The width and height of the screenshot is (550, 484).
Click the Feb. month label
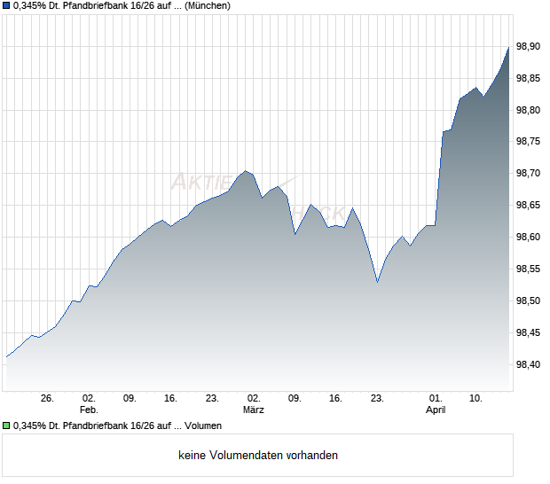[88, 410]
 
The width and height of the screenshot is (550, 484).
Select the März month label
[254, 410]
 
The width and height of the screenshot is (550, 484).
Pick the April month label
[436, 410]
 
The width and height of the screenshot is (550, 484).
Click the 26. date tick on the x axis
[48, 399]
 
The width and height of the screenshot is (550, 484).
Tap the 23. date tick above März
[212, 399]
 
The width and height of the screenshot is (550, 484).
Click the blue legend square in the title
[6, 6]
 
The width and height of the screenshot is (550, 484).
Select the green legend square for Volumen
[6, 425]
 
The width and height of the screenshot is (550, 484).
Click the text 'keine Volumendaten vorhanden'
[258, 456]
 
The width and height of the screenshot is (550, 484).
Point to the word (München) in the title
[208, 6]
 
